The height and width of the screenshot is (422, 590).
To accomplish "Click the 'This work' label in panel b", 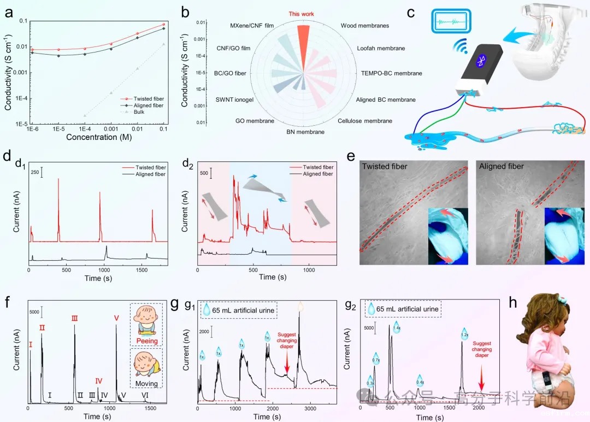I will (x=302, y=14).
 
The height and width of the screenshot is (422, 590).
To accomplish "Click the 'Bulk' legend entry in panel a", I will (x=154, y=112).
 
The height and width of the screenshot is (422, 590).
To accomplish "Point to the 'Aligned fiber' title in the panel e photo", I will (x=501, y=166).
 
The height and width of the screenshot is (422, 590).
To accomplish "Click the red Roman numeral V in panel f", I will (x=116, y=318).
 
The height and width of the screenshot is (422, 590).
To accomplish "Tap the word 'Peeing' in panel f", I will (x=147, y=341).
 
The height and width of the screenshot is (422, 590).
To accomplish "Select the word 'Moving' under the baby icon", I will (x=147, y=384).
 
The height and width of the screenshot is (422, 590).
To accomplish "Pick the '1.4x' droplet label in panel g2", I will (x=397, y=328).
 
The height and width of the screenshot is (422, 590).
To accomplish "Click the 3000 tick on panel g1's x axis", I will (x=310, y=409).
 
